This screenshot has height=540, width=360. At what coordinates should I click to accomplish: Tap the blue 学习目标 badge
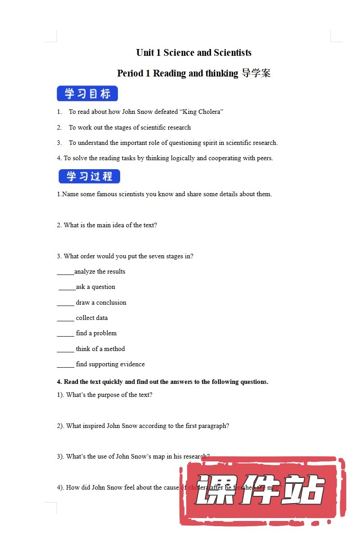(87, 94)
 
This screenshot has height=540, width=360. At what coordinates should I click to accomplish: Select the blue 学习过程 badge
(89, 176)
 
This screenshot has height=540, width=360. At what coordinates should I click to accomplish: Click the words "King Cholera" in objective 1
(204, 112)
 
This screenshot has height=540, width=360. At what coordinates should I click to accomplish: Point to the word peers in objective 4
(264, 158)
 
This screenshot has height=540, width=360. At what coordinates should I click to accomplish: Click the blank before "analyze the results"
(65, 272)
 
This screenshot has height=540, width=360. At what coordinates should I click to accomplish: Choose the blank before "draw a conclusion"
(65, 303)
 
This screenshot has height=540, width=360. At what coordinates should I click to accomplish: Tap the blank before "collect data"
(65, 319)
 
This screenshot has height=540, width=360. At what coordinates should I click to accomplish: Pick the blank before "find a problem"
(65, 334)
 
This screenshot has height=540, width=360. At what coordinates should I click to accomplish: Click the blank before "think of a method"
(65, 350)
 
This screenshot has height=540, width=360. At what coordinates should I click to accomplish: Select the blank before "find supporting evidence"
(65, 365)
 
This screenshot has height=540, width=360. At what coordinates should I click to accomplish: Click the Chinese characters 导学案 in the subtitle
(256, 73)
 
